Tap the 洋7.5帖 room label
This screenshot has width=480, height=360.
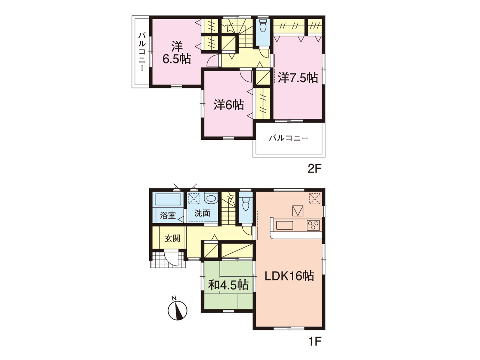298,78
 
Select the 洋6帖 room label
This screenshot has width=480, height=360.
229,105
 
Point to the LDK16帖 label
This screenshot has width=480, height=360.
289,276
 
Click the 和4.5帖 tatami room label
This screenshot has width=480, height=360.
228,285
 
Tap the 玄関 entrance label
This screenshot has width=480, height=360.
172,238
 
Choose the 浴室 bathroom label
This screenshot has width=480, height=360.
168,215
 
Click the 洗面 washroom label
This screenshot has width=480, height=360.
202,213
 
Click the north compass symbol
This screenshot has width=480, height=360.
177,310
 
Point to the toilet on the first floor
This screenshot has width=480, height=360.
246,204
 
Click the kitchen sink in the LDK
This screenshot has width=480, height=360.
285,225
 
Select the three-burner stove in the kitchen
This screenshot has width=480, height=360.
313,225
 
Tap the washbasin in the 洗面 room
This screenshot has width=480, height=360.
211,199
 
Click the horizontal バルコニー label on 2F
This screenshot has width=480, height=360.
289,138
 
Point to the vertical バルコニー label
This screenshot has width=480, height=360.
142,52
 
